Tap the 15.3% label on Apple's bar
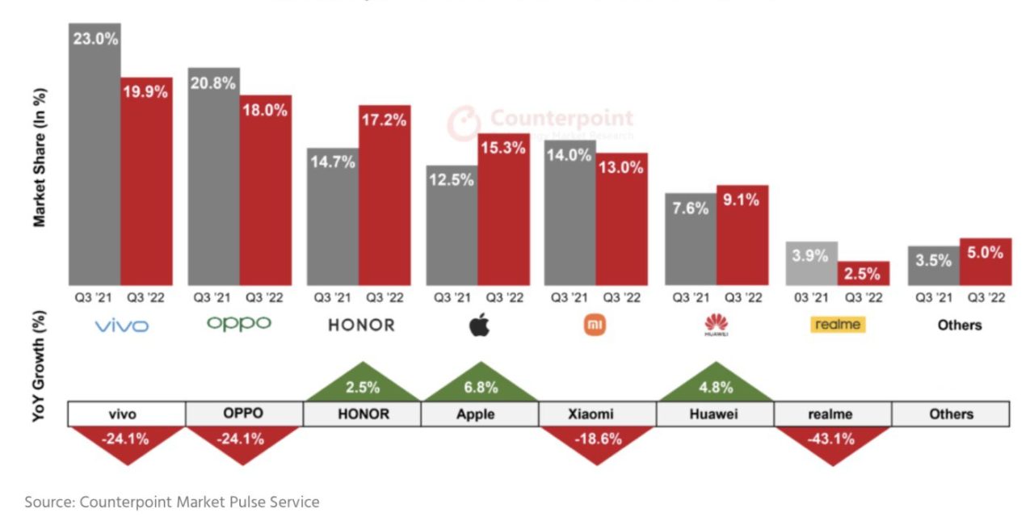tap(503, 149)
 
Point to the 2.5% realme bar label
tap(863, 273)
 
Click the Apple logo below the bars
tap(479, 326)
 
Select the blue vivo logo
tap(122, 326)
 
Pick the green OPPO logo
tap(239, 324)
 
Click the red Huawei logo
tap(716, 326)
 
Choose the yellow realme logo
tap(836, 325)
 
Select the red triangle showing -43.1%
tap(833, 443)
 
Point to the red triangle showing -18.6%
tap(597, 443)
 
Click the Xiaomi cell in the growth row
tap(597, 414)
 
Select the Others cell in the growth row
tap(950, 414)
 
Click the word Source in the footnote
tap(49, 502)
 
